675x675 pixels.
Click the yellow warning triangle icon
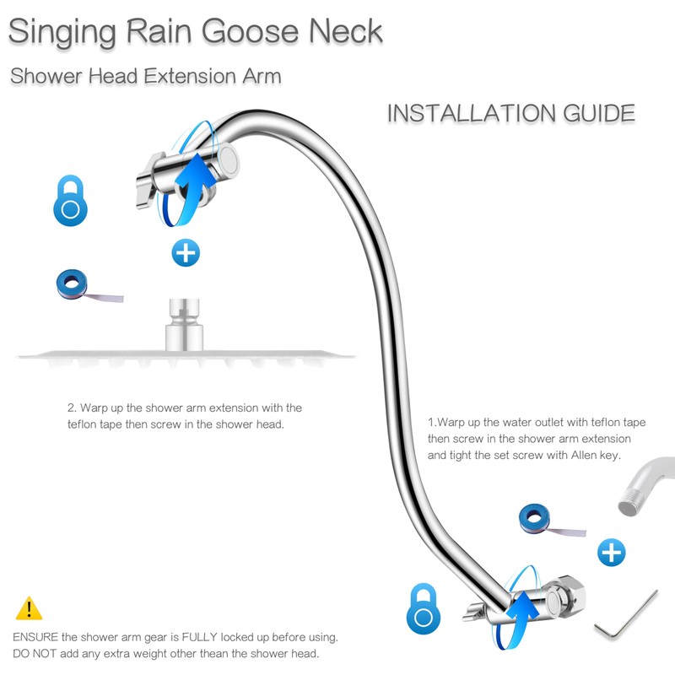coord(29,608)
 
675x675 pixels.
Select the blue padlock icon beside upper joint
coord(71,201)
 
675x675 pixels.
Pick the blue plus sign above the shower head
coord(185,251)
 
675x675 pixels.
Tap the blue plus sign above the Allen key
coord(611,553)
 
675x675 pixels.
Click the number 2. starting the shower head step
coord(73,408)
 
